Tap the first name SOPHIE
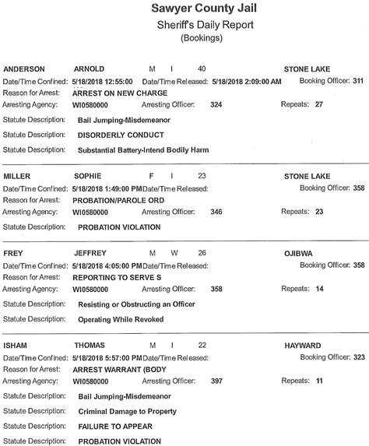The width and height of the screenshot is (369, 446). [x=87, y=177]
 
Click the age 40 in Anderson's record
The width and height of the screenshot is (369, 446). [x=202, y=68]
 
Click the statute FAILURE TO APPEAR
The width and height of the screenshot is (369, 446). [x=115, y=426]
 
